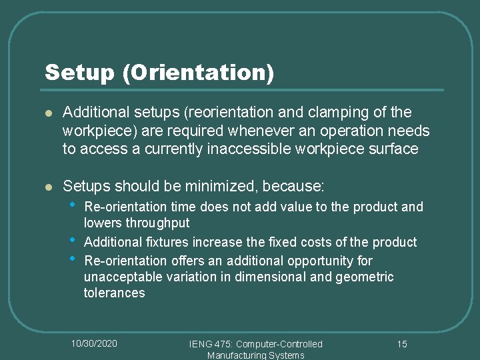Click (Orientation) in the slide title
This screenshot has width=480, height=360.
pyautogui.click(x=198, y=73)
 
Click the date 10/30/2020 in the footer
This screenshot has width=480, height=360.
pyautogui.click(x=94, y=343)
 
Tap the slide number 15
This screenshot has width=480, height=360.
pyautogui.click(x=402, y=344)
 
